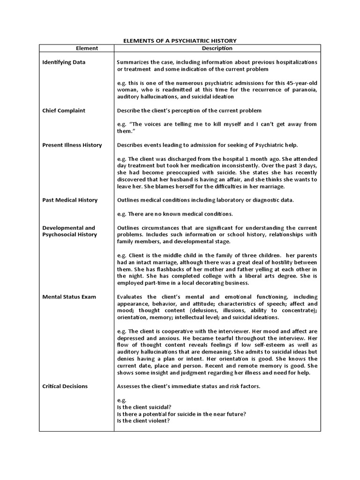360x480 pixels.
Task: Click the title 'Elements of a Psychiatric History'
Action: click(x=180, y=41)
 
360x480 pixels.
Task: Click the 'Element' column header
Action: click(x=87, y=48)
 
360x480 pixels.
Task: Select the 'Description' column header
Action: click(x=217, y=48)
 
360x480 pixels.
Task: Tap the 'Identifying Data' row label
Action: click(x=64, y=62)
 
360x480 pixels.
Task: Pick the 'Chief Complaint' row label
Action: click(x=64, y=110)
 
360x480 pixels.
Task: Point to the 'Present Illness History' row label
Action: click(x=72, y=145)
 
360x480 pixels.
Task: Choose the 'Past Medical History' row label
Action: click(x=70, y=200)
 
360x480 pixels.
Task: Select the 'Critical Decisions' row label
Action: click(x=65, y=386)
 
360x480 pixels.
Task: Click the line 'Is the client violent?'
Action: click(x=143, y=420)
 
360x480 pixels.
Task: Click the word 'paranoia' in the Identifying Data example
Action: click(x=305, y=90)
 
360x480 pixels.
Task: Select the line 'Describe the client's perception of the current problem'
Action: click(x=189, y=110)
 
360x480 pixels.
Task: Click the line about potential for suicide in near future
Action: click(x=181, y=414)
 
